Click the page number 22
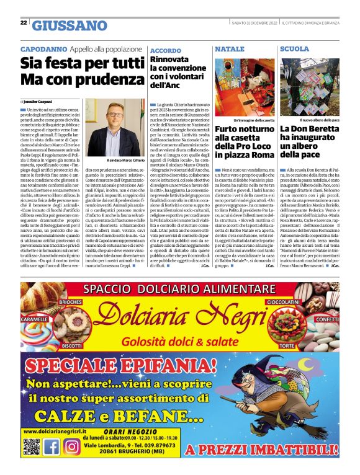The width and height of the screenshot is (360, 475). coord(23,23)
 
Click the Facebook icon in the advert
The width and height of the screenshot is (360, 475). coord(52,446)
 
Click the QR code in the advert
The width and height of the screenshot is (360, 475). coord(31,446)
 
